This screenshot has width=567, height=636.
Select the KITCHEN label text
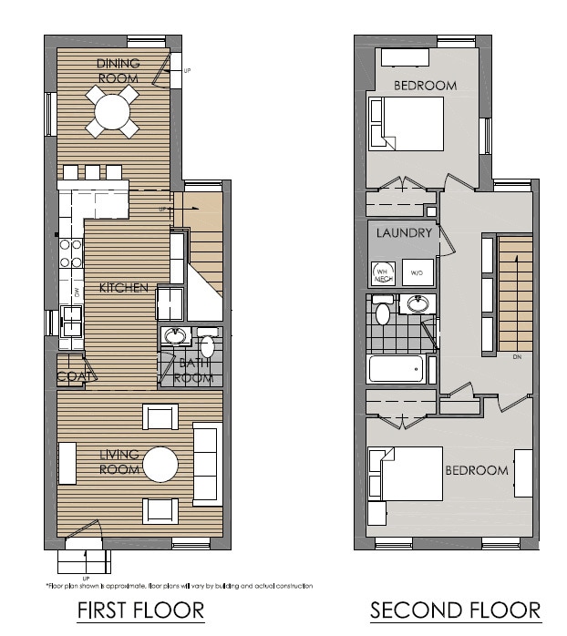125,288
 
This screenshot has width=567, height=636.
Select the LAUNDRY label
402,233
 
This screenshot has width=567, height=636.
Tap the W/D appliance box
418,272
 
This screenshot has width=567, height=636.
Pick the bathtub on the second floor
396,369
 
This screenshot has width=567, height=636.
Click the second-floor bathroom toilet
383,313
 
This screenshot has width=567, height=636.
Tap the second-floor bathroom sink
418,304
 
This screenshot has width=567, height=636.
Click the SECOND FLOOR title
455,609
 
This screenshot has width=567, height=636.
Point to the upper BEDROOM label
425,86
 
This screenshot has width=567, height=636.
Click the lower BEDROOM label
476,470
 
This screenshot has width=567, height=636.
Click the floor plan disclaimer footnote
179,586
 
